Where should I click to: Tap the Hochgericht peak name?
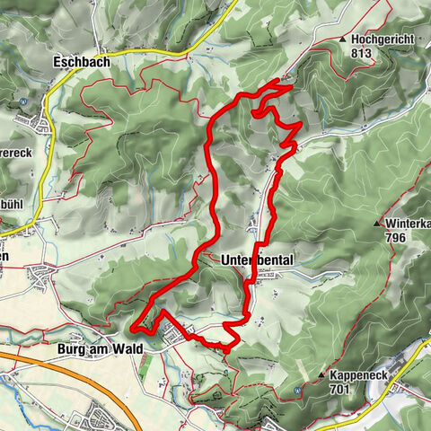pyautogui.click(x=382, y=40)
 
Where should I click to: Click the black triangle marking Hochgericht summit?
pyautogui.click(x=343, y=40)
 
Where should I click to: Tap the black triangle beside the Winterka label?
pyautogui.click(x=377, y=224)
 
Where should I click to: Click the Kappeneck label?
pyautogui.click(x=364, y=372)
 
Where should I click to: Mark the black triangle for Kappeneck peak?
pyautogui.click(x=321, y=372)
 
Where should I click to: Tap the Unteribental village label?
pyautogui.click(x=257, y=259)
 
